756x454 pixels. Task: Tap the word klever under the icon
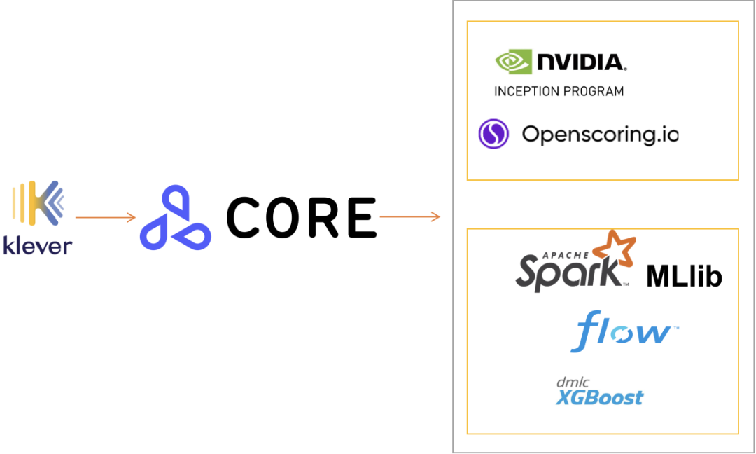(38, 245)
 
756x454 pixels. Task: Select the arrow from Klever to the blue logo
(105, 218)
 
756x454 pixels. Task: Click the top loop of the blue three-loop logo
(175, 203)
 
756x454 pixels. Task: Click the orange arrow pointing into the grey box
(409, 217)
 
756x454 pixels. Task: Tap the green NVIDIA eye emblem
(513, 61)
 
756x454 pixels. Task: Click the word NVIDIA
(580, 62)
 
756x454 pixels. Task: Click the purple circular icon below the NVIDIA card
(493, 134)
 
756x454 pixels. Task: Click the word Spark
(568, 273)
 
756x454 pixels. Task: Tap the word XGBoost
(599, 398)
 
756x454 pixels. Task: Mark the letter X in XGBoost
(563, 398)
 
